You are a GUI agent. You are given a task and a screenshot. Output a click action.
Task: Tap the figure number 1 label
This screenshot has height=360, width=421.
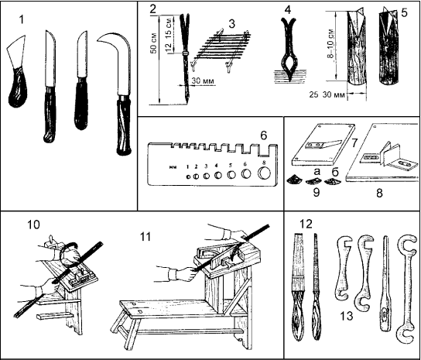[22, 19]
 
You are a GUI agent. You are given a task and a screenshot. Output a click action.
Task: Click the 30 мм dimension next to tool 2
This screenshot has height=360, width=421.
[203, 81]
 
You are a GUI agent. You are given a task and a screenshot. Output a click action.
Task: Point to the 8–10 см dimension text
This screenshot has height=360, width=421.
[331, 43]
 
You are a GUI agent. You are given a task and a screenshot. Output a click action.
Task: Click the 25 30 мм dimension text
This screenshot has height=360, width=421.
[327, 94]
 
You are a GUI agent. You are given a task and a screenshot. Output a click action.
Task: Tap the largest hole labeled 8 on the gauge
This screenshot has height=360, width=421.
[264, 173]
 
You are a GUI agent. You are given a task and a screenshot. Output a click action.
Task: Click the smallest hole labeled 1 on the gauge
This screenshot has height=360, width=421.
[188, 177]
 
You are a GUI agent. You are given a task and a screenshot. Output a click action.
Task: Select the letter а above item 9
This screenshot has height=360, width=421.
[317, 172]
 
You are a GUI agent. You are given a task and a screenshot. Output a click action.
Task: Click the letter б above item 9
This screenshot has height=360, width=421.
[335, 172]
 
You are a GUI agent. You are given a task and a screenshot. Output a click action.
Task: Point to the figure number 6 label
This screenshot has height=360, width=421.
[264, 135]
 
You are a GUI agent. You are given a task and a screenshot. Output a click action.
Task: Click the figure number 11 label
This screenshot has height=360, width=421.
[145, 237]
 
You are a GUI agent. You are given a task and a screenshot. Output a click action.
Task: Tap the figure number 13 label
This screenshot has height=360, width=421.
[347, 316]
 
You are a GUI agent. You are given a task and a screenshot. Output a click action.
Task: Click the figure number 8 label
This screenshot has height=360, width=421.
[379, 193]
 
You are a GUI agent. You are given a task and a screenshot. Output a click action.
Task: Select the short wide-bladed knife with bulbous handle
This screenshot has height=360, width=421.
[18, 72]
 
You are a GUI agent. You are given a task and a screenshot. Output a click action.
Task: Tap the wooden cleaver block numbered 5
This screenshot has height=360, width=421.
[388, 45]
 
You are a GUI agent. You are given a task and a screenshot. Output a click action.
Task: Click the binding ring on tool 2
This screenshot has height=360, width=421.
[185, 53]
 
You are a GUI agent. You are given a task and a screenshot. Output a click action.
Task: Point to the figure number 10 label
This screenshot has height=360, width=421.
[33, 225]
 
